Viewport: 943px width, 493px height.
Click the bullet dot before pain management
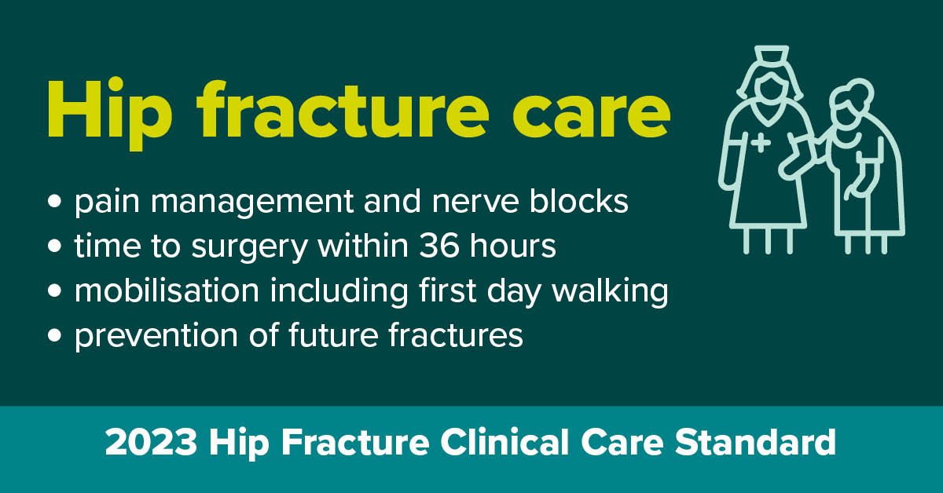coord(54,201)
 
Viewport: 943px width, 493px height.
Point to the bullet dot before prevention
coord(54,335)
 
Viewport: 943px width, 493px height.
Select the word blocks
coord(579,200)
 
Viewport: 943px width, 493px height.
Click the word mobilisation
coord(167,290)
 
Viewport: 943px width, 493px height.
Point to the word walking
coord(611,291)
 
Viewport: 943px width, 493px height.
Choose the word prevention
coord(156,338)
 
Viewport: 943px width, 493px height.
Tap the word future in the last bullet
coord(333,335)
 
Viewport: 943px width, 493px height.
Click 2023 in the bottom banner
coord(151,442)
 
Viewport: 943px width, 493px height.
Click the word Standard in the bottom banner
coord(755,442)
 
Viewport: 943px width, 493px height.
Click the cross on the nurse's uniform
coord(761,143)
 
